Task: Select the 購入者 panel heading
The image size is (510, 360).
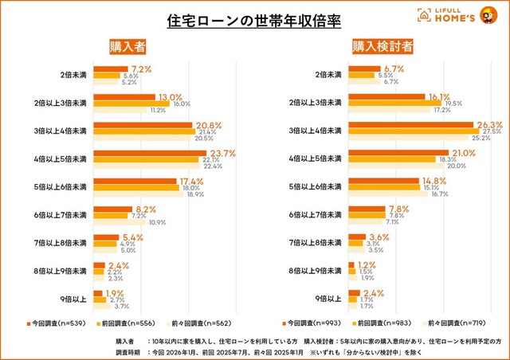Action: [128, 46]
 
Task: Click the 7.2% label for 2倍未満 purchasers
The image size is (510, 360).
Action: [142, 68]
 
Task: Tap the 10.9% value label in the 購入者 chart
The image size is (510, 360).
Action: [158, 222]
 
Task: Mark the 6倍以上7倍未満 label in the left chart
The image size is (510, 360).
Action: [61, 215]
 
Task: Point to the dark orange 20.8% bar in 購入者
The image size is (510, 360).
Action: [143, 125]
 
